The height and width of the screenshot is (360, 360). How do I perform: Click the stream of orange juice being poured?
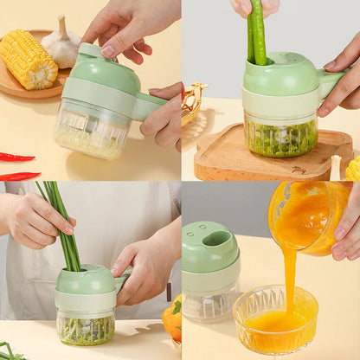[289, 277]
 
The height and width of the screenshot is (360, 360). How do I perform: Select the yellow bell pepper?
[173, 318]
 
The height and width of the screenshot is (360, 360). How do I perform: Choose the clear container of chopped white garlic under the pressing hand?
[91, 133]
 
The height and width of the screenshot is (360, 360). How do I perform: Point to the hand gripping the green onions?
[35, 221]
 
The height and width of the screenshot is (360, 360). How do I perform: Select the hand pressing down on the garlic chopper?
[130, 26]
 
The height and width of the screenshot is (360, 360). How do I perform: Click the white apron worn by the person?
[104, 216]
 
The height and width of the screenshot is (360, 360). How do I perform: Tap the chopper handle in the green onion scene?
[123, 282]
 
